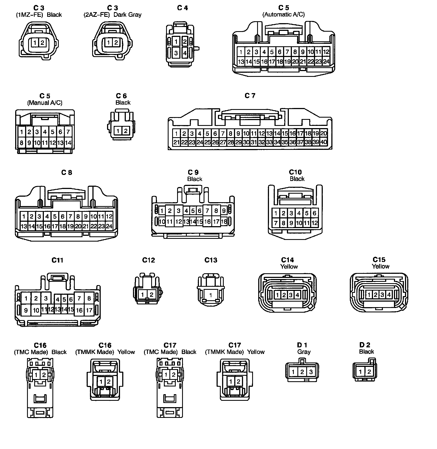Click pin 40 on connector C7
(x=324, y=142)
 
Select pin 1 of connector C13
(x=210, y=295)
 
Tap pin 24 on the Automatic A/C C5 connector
(x=326, y=61)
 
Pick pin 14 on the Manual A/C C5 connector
(x=68, y=143)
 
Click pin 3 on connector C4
(x=176, y=53)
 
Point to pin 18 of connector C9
(x=224, y=221)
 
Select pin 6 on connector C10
(x=315, y=213)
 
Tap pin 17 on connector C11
(x=89, y=310)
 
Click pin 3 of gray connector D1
(x=311, y=372)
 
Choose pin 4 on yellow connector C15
(x=389, y=295)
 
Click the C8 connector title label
(x=66, y=172)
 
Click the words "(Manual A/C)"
(x=45, y=103)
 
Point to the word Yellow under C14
(x=289, y=266)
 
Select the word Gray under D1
(x=304, y=352)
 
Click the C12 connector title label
(x=148, y=260)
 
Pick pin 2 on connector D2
(x=369, y=372)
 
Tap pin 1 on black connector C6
(x=118, y=131)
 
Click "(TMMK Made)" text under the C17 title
(x=224, y=352)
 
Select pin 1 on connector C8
(x=24, y=217)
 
